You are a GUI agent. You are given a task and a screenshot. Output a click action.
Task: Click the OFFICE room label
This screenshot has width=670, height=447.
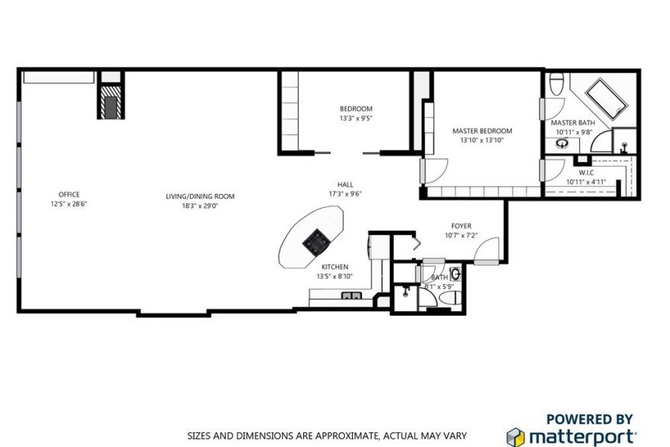tap(69, 195)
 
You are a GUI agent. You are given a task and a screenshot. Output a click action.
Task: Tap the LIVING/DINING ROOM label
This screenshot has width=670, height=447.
tap(200, 196)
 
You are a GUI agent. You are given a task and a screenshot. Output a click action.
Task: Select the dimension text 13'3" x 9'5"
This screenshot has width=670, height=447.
tap(356, 119)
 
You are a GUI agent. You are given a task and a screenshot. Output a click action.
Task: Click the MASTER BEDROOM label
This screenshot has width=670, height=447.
tap(482, 131)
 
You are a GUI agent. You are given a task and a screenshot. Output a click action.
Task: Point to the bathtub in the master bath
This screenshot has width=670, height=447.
tap(606, 99)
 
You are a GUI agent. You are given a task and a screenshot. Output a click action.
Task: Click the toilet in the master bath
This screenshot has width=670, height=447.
tap(556, 84)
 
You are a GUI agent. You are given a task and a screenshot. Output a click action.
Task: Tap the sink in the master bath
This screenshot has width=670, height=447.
tap(562, 144)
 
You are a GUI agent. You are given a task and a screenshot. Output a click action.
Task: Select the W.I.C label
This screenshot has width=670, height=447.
tap(585, 172)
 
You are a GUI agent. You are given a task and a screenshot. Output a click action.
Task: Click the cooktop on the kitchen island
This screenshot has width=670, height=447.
tap(316, 241)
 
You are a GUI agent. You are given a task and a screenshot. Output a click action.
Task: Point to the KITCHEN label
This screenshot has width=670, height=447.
tap(334, 267)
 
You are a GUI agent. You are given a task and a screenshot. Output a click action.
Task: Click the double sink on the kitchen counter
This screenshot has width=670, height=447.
tap(351, 295)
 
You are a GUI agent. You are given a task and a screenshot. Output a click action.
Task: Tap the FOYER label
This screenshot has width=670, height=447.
tap(461, 226)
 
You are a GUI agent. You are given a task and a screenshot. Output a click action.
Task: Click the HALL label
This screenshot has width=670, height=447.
tap(345, 185)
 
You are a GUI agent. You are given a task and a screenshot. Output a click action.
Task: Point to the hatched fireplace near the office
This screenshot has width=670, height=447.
tap(111, 102)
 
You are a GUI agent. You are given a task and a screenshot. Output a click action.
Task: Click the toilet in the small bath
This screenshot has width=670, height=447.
tap(451, 298)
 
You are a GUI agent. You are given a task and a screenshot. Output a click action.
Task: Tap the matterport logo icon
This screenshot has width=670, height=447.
tap(516, 437)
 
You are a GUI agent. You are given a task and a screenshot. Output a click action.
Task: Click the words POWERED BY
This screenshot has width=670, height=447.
tap(589, 419)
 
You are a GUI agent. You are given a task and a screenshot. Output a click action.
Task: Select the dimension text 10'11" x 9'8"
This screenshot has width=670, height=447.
tap(574, 132)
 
